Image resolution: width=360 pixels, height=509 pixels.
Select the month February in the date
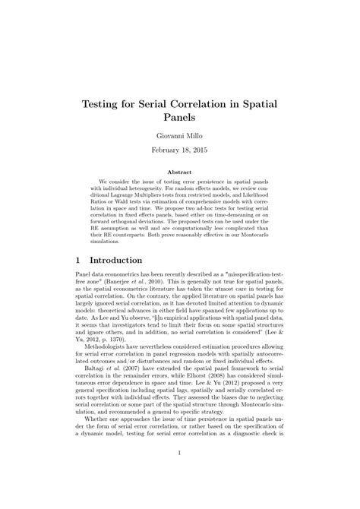(x=167, y=151)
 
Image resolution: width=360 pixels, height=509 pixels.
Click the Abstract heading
(x=180, y=172)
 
